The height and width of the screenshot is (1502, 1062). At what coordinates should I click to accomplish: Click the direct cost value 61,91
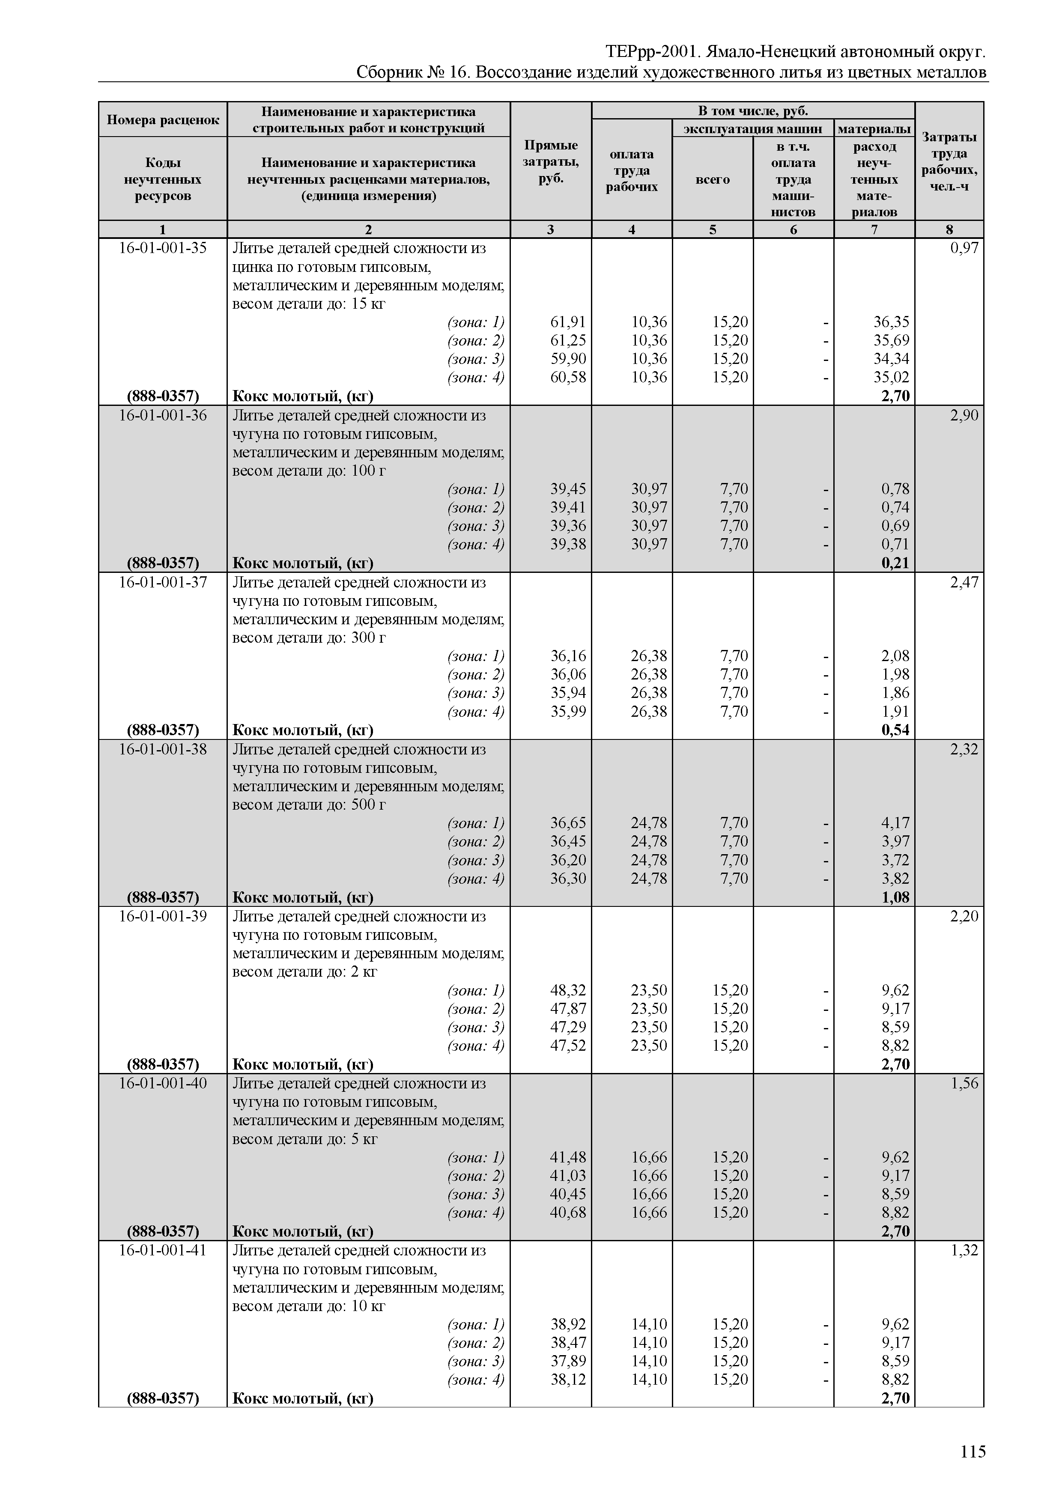click(567, 322)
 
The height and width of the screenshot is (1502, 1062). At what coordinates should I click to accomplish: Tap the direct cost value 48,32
click(567, 990)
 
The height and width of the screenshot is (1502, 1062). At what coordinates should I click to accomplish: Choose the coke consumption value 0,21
click(895, 563)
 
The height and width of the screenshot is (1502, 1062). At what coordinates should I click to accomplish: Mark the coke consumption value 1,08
click(895, 897)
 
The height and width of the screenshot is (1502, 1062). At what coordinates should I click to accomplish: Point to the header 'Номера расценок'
click(162, 120)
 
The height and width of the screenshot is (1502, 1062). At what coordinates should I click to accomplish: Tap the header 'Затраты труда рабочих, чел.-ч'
click(949, 161)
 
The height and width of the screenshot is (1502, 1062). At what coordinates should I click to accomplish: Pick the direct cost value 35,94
click(567, 693)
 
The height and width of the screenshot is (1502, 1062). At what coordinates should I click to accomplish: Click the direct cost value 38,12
click(567, 1379)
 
